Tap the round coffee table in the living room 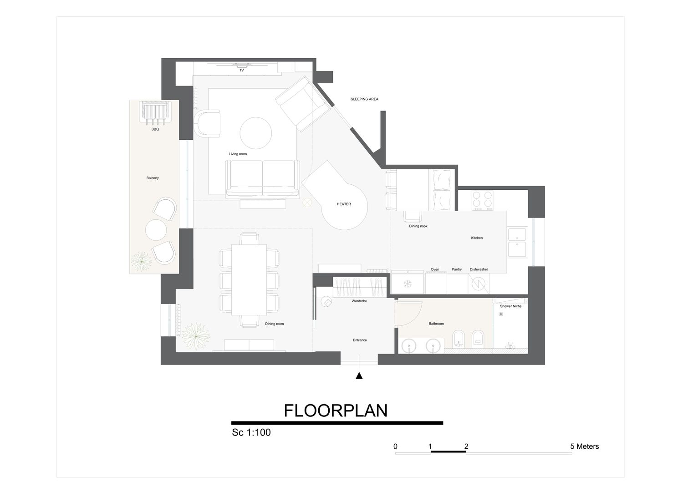pyautogui.click(x=255, y=133)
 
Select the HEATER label pyautogui.click(x=344, y=204)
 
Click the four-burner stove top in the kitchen pyautogui.click(x=482, y=200)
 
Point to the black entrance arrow pyautogui.click(x=359, y=376)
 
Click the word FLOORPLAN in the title pyautogui.click(x=336, y=411)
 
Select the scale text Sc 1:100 pyautogui.click(x=251, y=432)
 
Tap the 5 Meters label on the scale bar pyautogui.click(x=585, y=446)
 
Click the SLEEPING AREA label pyautogui.click(x=364, y=99)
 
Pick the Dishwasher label pyautogui.click(x=479, y=269)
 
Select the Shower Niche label pyautogui.click(x=511, y=306)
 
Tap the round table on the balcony pyautogui.click(x=156, y=230)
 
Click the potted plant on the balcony pyautogui.click(x=141, y=261)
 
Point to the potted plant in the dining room pyautogui.click(x=195, y=336)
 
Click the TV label pyautogui.click(x=241, y=71)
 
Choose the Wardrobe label pyautogui.click(x=359, y=301)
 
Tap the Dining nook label pyautogui.click(x=418, y=226)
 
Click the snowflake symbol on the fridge pyautogui.click(x=407, y=284)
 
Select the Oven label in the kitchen pyautogui.click(x=435, y=269)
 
